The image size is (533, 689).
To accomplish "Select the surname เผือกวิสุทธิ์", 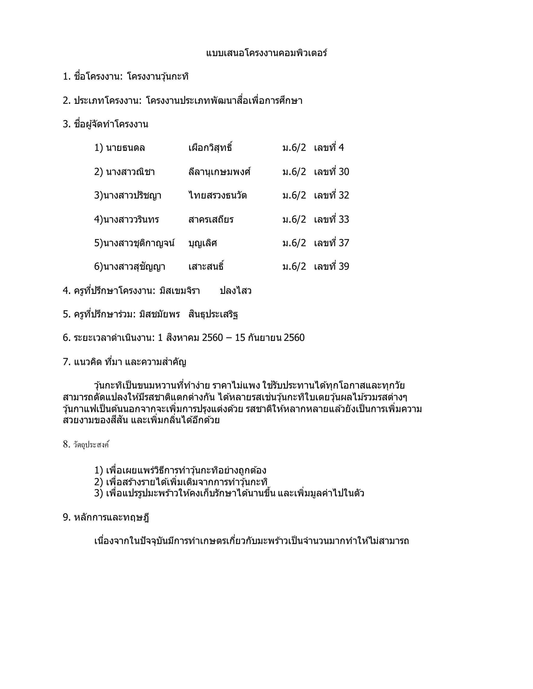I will tap(210, 148).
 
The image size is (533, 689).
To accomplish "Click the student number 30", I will tap(344, 172).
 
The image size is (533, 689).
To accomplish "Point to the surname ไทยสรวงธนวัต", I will tap(217, 196).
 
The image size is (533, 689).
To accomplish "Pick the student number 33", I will tap(344, 219).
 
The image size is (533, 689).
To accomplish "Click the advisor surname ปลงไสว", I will tap(236, 291).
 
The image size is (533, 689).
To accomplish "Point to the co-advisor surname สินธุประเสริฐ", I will tap(213, 315).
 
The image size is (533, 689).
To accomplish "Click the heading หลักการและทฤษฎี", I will tap(111, 517).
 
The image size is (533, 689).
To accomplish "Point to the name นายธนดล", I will tap(125, 148).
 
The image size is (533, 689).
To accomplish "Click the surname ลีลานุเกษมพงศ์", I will tap(219, 172).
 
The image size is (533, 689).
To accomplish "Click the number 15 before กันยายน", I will tap(240, 338).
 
